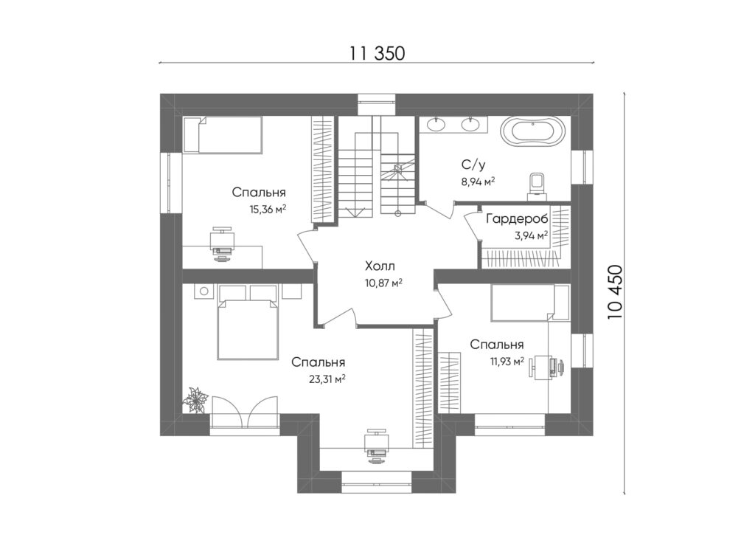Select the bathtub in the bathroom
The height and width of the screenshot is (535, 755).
pos(532,131)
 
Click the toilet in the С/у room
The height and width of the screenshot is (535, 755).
pos(537,186)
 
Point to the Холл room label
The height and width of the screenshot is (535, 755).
pos(380,266)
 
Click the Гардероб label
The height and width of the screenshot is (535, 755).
pos(517,219)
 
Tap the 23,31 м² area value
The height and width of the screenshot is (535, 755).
pos(327,379)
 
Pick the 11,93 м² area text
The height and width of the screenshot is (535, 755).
pos(507,361)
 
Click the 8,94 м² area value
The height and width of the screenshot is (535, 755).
pos(478,182)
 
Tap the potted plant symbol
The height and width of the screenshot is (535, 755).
pos(195,399)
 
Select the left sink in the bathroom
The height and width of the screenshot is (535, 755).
pos(436,125)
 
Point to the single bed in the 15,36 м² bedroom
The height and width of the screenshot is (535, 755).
pos(223,135)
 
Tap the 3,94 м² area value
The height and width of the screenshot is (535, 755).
pos(531,235)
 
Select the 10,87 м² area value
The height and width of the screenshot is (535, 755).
pos(383,283)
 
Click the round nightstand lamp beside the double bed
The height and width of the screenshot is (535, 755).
pos(204,291)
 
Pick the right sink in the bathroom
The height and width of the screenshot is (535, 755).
pos(470,125)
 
